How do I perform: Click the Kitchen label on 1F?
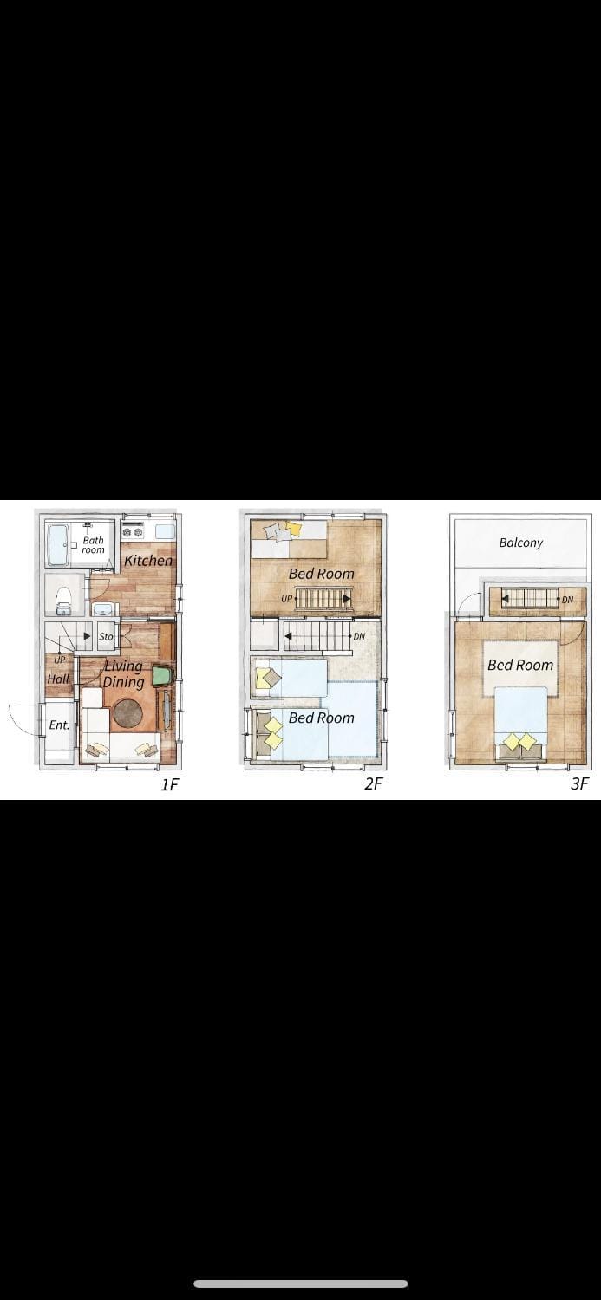click(x=148, y=560)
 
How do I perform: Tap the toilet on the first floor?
click(x=63, y=600)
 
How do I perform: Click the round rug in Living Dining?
click(x=128, y=713)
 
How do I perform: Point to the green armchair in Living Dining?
click(x=162, y=676)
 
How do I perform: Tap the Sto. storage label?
click(x=107, y=636)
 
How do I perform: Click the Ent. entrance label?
click(x=59, y=725)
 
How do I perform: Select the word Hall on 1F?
click(x=58, y=679)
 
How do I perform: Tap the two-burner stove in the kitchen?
click(x=133, y=531)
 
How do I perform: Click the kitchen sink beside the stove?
click(x=164, y=531)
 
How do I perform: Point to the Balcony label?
click(x=521, y=543)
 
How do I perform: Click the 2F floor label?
click(x=374, y=783)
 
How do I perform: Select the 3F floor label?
click(x=579, y=783)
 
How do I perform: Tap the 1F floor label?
click(x=170, y=784)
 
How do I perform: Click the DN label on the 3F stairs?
click(x=567, y=600)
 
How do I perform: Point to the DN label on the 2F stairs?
click(x=359, y=636)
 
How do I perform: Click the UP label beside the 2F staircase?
click(x=287, y=598)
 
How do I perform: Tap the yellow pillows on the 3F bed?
click(x=519, y=742)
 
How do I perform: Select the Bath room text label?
click(x=93, y=544)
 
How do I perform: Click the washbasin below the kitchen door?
click(x=103, y=609)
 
